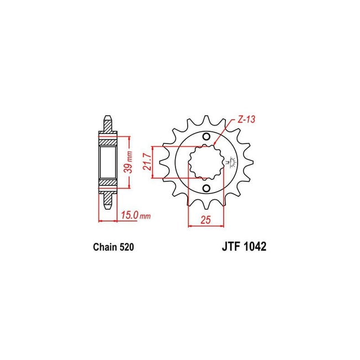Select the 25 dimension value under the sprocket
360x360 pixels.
[206, 220]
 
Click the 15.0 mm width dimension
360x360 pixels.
[133, 214]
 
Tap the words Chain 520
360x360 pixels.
[113, 248]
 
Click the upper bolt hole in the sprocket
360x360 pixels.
[206, 137]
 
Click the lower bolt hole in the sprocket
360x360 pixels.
[206, 189]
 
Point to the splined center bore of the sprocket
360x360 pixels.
[205, 163]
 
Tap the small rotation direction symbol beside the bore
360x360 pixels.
[231, 163]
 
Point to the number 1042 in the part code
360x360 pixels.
[253, 248]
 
